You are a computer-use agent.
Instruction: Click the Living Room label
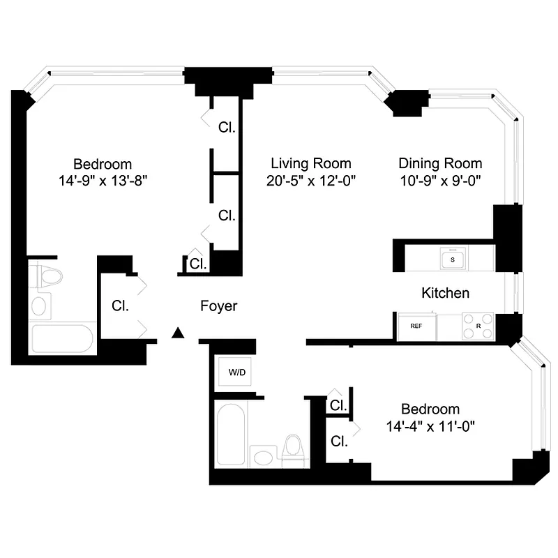[x=311, y=164]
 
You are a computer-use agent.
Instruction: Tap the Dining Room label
[x=440, y=164]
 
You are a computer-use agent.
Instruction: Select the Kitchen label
[x=445, y=293]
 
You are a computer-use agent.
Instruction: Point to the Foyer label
[x=219, y=306]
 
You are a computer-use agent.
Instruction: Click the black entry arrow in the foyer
[x=179, y=333]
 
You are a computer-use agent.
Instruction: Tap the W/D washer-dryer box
[x=237, y=372]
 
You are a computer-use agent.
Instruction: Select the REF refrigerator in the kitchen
[x=416, y=326]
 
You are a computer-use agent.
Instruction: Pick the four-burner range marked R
[x=478, y=326]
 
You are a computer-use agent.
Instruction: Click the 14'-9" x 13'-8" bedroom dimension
[x=103, y=180]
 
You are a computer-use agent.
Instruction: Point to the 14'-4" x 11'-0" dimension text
[x=430, y=424]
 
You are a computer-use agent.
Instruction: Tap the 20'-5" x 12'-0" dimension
[x=311, y=180]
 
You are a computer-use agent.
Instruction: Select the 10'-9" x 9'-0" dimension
[x=440, y=180]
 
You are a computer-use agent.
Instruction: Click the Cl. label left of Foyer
[x=120, y=306]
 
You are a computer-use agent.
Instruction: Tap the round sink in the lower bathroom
[x=263, y=458]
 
